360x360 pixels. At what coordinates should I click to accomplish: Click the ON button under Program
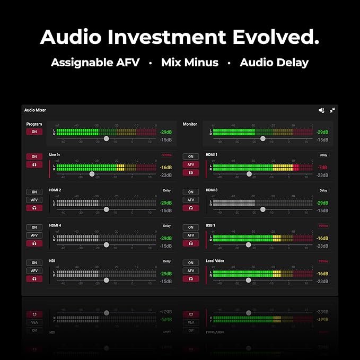pos(34,131)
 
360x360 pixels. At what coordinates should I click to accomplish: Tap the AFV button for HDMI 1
pos(190,164)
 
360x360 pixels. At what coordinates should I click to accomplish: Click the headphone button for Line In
pos(34,164)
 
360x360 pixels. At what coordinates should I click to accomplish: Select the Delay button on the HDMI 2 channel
pos(167,190)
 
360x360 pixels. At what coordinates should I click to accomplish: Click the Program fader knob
pos(106,138)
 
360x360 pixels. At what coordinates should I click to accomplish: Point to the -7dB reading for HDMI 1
pos(322,168)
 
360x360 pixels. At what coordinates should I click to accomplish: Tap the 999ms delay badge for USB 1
pos(323,225)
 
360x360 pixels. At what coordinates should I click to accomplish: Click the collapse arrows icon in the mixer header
pos(332,110)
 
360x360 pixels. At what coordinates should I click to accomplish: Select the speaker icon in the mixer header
pos(321,110)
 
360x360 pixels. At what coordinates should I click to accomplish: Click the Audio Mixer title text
pos(35,110)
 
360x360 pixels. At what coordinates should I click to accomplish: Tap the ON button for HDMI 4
pos(34,227)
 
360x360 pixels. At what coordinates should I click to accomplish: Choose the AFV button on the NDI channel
pos(34,270)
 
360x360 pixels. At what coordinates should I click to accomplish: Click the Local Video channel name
pos(215,261)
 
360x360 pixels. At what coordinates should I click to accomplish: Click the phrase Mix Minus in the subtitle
pos(190,63)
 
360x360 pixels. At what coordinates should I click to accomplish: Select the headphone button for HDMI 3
pos(190,208)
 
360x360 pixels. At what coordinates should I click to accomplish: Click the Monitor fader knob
pos(262,138)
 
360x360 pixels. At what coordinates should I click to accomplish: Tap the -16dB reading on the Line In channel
pos(165,168)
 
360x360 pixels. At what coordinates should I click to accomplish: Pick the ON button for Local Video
pos(190,263)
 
